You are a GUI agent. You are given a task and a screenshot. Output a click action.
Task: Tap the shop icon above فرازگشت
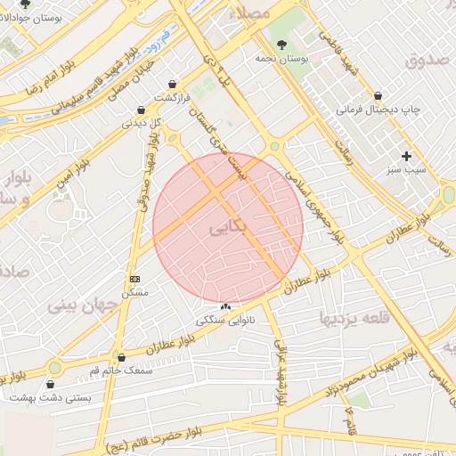(172, 83)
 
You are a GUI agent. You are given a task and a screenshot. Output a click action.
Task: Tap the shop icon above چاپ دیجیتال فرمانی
(379, 94)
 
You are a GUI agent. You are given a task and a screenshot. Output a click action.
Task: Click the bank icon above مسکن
(134, 279)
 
